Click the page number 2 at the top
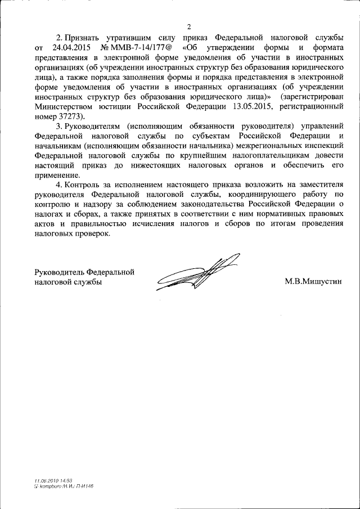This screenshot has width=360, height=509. [190, 27]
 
